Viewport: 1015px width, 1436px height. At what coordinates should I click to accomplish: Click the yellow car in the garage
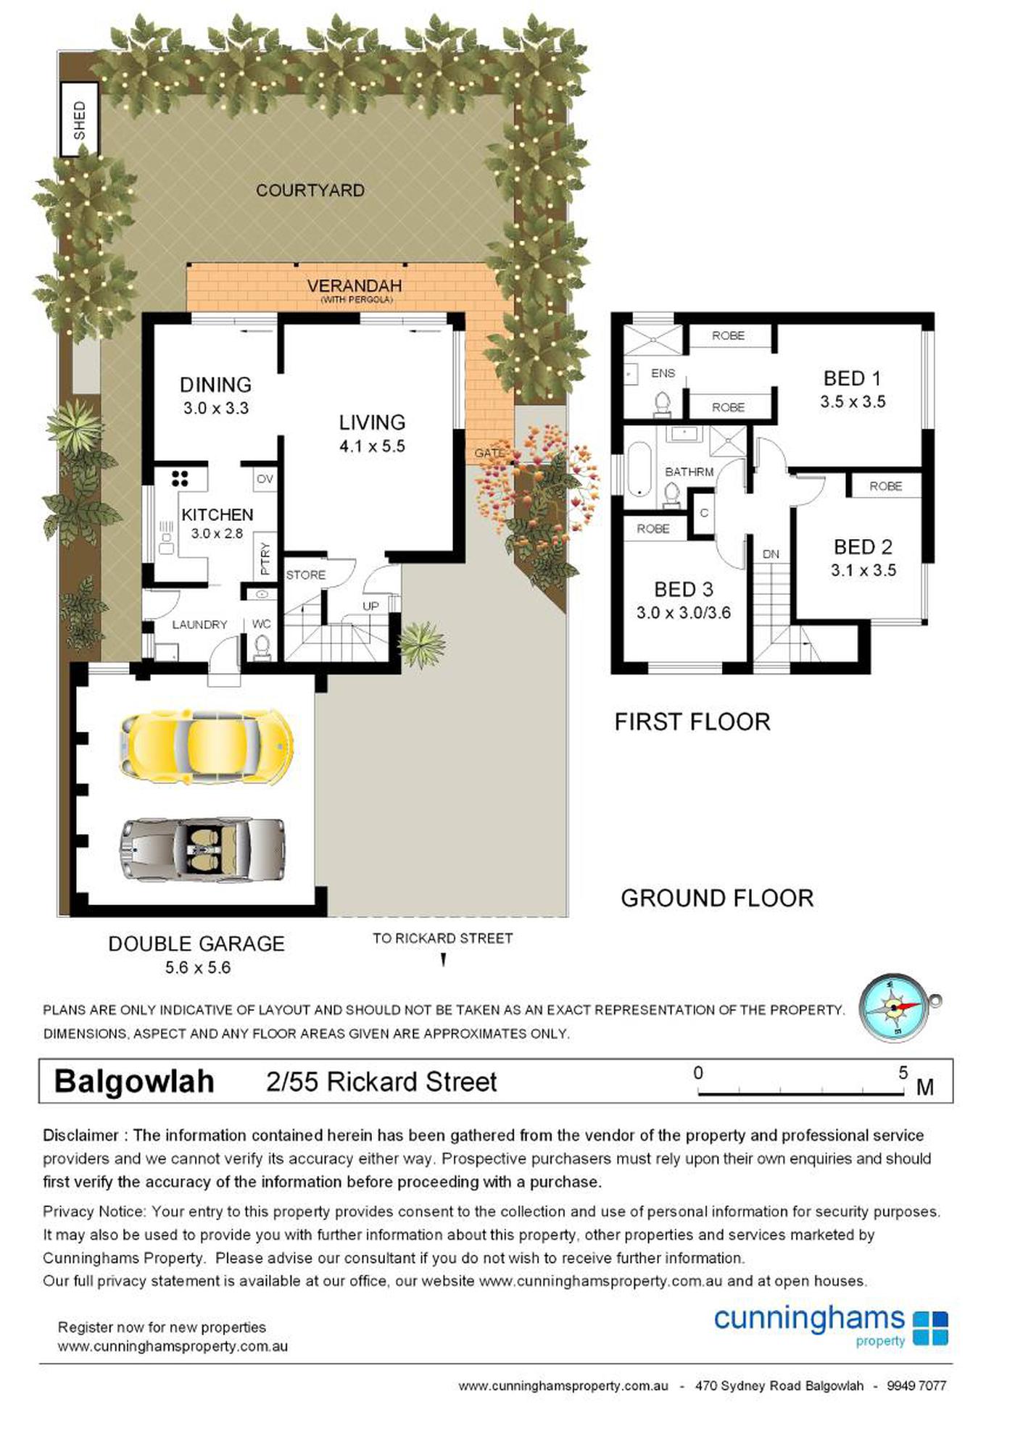click(207, 746)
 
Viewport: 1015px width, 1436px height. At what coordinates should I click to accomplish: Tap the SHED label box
click(79, 120)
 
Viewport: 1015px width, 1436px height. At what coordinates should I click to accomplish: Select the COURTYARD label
click(310, 191)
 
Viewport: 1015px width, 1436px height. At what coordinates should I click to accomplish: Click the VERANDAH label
click(355, 286)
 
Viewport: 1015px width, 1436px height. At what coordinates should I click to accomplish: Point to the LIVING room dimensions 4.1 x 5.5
click(372, 446)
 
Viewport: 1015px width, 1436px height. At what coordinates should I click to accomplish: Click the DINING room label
click(215, 385)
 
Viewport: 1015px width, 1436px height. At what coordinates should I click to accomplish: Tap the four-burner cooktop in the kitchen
click(180, 478)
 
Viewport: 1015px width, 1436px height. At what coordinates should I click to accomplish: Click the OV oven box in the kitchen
click(265, 479)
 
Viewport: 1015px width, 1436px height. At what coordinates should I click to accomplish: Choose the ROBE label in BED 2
click(886, 486)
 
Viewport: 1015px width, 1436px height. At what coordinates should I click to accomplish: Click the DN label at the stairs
click(771, 554)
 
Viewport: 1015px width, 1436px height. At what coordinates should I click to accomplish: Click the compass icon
click(897, 1008)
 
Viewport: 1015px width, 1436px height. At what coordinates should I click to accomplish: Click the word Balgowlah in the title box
click(134, 1082)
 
